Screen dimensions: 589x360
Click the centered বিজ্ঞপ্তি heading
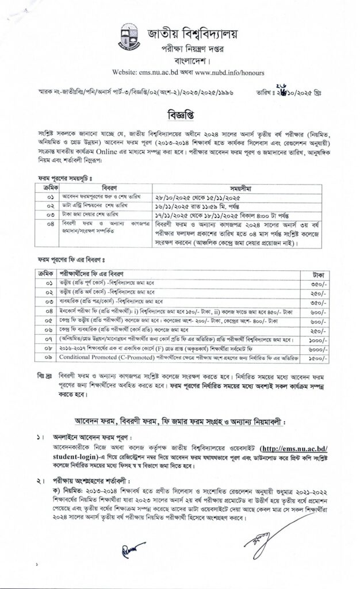click(x=179, y=110)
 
